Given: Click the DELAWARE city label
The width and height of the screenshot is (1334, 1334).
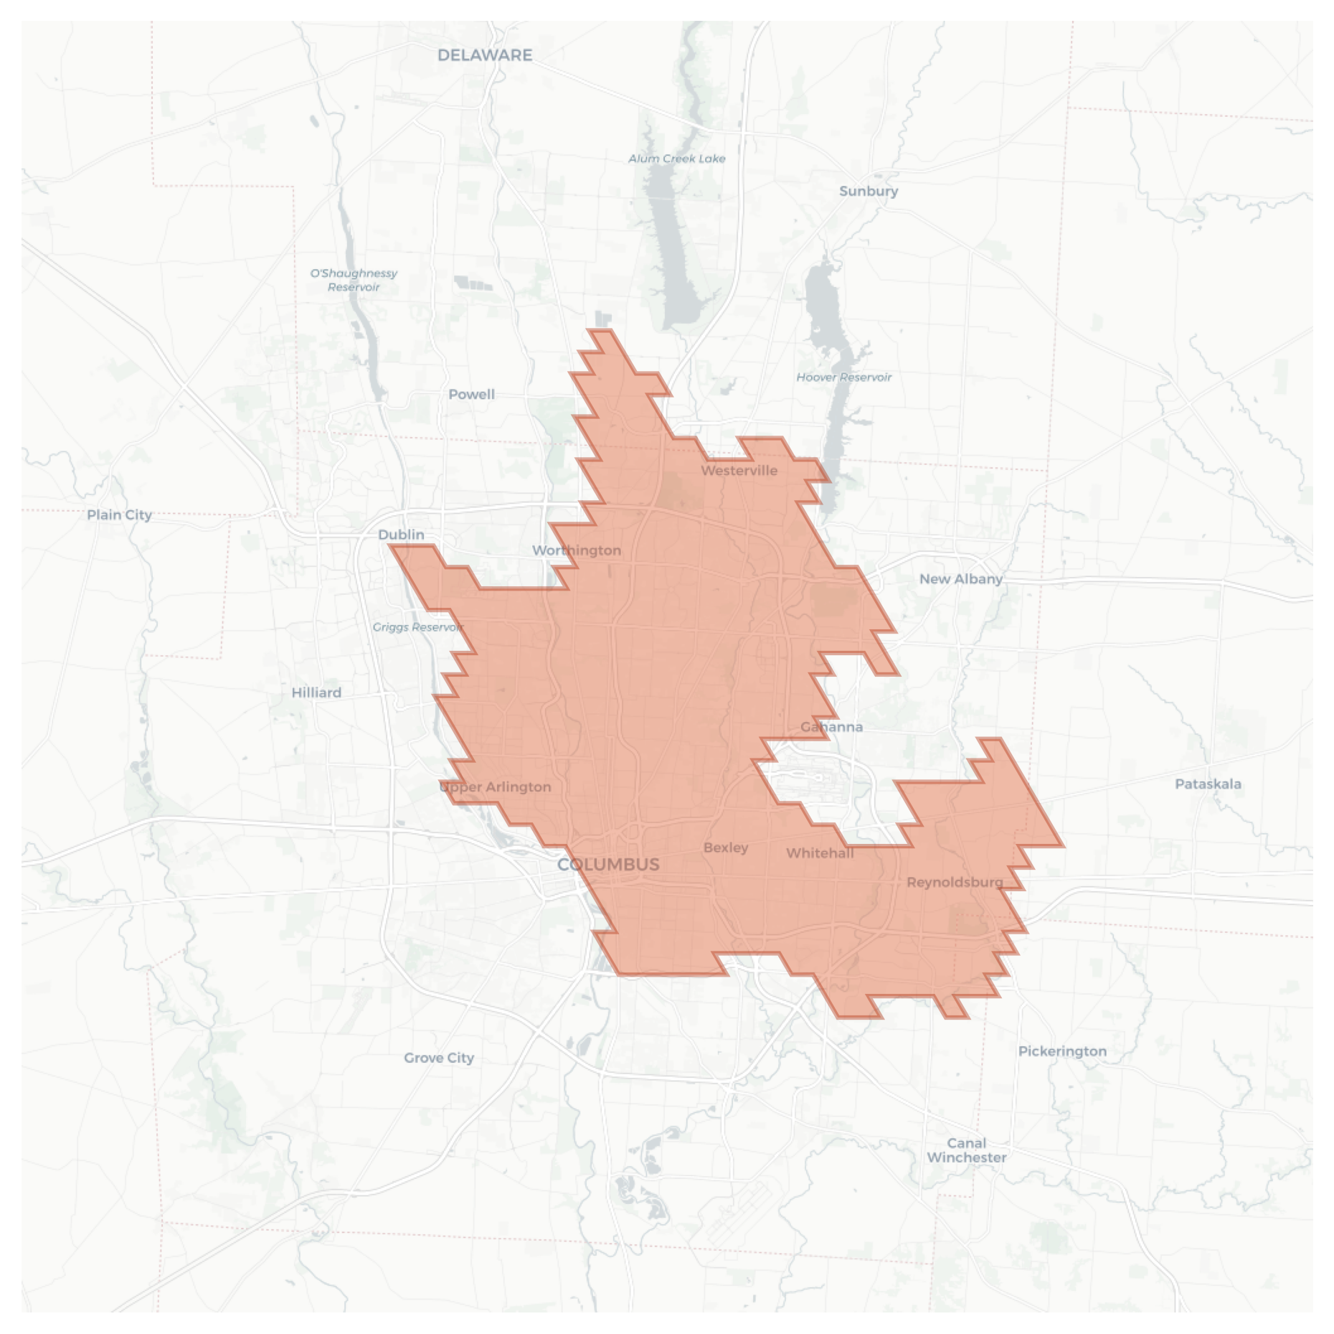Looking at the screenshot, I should (x=485, y=55).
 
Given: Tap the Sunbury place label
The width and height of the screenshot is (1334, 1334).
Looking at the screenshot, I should (x=869, y=191).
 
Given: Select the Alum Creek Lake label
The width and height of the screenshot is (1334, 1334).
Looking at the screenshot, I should (x=677, y=159).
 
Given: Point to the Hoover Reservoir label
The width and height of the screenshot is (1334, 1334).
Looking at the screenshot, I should (x=844, y=377).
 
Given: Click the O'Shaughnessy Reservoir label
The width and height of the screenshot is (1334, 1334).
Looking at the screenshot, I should (x=354, y=280).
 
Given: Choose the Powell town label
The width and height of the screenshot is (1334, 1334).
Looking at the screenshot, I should (x=471, y=394).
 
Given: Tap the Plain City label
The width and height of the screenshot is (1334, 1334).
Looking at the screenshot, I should (x=119, y=515).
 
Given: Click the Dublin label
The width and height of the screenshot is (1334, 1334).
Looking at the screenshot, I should (x=401, y=535).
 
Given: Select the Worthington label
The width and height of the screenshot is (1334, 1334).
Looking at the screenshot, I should (x=577, y=550).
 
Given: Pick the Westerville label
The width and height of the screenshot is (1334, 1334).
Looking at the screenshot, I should (x=739, y=471).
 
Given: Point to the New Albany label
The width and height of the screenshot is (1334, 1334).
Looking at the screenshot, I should (x=961, y=579).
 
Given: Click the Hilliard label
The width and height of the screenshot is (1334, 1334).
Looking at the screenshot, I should (x=316, y=692).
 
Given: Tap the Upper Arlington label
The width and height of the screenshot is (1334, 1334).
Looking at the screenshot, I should (x=495, y=786).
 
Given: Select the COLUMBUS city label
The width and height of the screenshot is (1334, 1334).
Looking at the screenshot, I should (x=608, y=864).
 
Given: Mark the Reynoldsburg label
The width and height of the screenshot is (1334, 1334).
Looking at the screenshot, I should (x=955, y=882).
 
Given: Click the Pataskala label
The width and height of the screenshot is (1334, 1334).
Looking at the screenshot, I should (x=1208, y=784).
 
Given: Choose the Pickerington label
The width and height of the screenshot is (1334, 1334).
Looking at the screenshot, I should (x=1062, y=1051).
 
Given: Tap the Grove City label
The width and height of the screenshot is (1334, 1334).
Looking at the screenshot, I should (x=439, y=1058).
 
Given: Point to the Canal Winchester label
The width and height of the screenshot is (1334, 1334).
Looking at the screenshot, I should (x=966, y=1150).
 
